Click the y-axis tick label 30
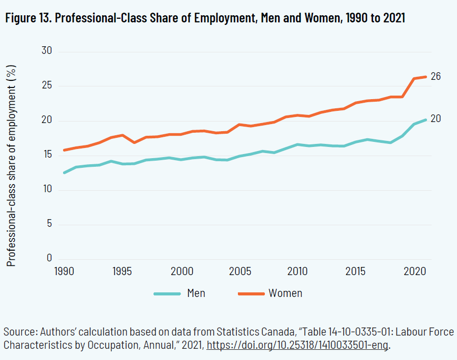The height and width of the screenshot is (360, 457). [46, 51]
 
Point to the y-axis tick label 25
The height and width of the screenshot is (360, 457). [46, 85]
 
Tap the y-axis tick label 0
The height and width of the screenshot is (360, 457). [49, 258]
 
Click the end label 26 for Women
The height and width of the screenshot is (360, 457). [435, 77]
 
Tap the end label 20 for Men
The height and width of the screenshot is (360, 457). [436, 118]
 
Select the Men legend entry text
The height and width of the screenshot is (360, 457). [196, 293]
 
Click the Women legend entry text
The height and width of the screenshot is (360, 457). [285, 293]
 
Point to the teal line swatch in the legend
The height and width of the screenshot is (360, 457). [167, 294]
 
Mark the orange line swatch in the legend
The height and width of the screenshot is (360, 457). [251, 294]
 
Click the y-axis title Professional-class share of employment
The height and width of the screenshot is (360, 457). [12, 165]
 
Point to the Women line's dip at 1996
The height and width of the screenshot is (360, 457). [134, 142]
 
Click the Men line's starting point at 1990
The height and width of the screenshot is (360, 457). [64, 173]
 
